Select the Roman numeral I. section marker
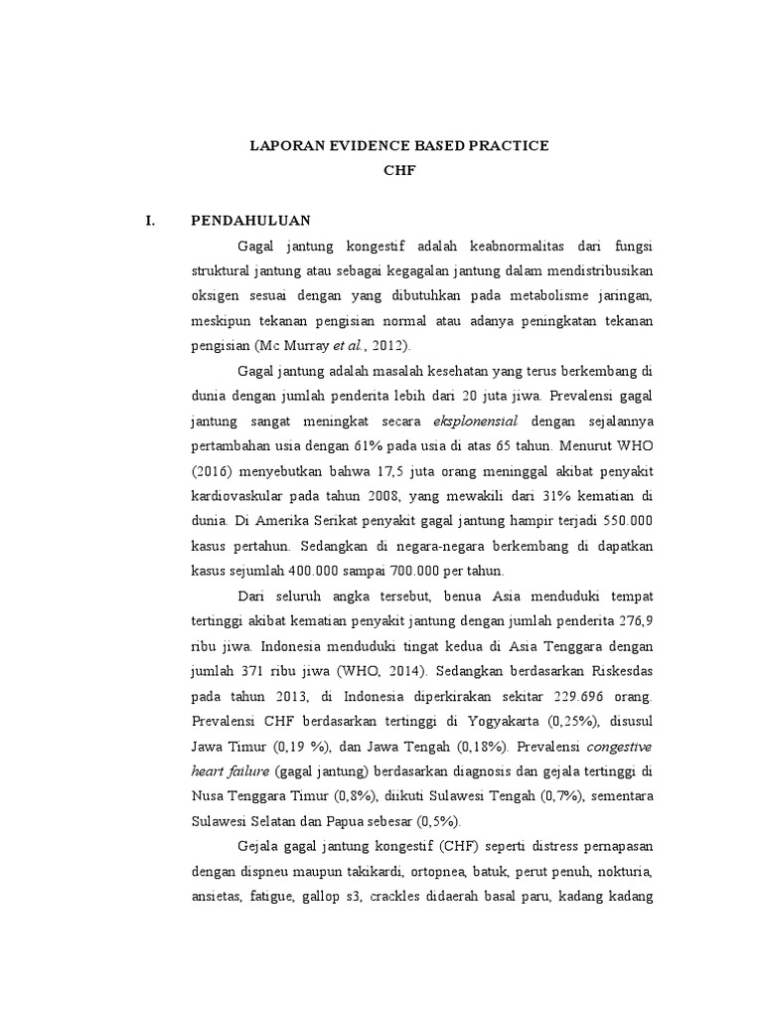(151, 221)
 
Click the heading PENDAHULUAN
(251, 221)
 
